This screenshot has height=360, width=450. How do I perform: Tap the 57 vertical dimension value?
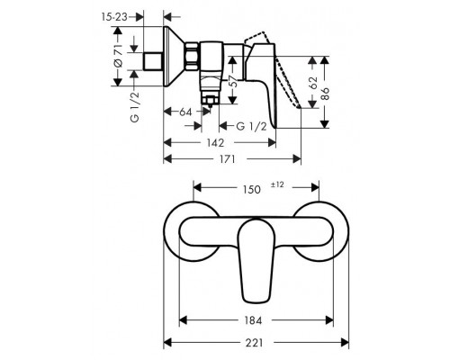233,87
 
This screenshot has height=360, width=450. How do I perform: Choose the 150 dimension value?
254,189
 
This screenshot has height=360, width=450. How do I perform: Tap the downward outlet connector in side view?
212,94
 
